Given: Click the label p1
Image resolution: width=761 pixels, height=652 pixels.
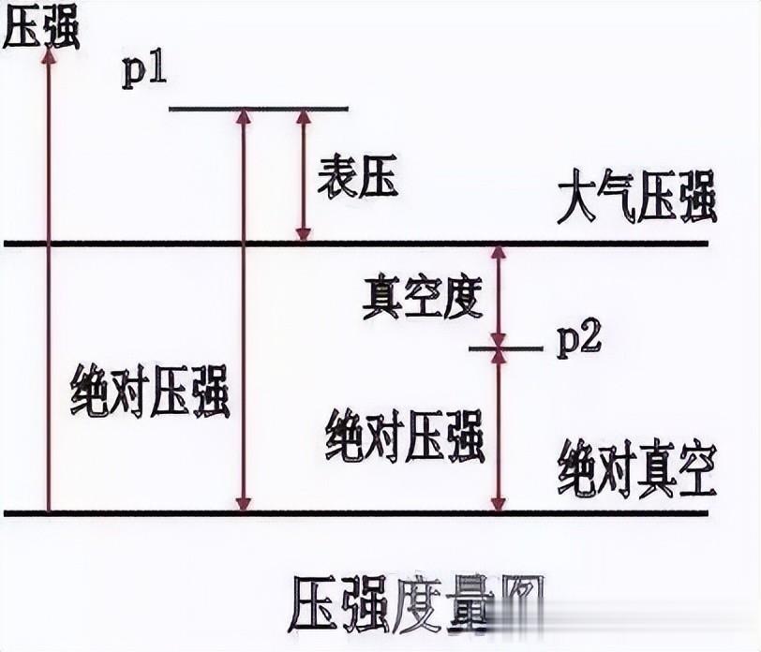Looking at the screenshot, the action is [x=144, y=72].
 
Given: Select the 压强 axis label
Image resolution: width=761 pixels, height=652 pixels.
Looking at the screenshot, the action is [x=41, y=28].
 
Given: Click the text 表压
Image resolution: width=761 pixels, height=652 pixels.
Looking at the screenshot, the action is [x=358, y=176].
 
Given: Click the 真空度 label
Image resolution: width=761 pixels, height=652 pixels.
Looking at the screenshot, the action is [x=423, y=298].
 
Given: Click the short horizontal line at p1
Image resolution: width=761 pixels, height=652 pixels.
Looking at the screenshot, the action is [x=258, y=109].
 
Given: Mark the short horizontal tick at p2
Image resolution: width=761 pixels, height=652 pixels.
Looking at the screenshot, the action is [x=505, y=348].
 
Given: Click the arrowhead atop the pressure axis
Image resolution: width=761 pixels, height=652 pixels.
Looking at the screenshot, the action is [x=49, y=54].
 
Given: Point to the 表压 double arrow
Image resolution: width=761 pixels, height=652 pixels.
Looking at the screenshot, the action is [x=303, y=175].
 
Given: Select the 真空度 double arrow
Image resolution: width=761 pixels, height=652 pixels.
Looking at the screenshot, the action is [x=499, y=296].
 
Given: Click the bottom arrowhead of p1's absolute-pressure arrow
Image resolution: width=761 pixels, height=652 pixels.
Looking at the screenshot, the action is [x=244, y=504].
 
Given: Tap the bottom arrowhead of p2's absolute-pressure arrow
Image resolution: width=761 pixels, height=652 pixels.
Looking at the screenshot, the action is [x=499, y=504].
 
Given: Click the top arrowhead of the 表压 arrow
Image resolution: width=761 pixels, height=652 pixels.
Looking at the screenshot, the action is [x=303, y=117].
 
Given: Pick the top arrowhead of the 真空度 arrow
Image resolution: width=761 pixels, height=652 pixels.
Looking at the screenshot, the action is [x=499, y=254].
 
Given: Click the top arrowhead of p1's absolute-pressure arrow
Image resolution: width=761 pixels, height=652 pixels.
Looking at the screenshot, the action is [x=244, y=117].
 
